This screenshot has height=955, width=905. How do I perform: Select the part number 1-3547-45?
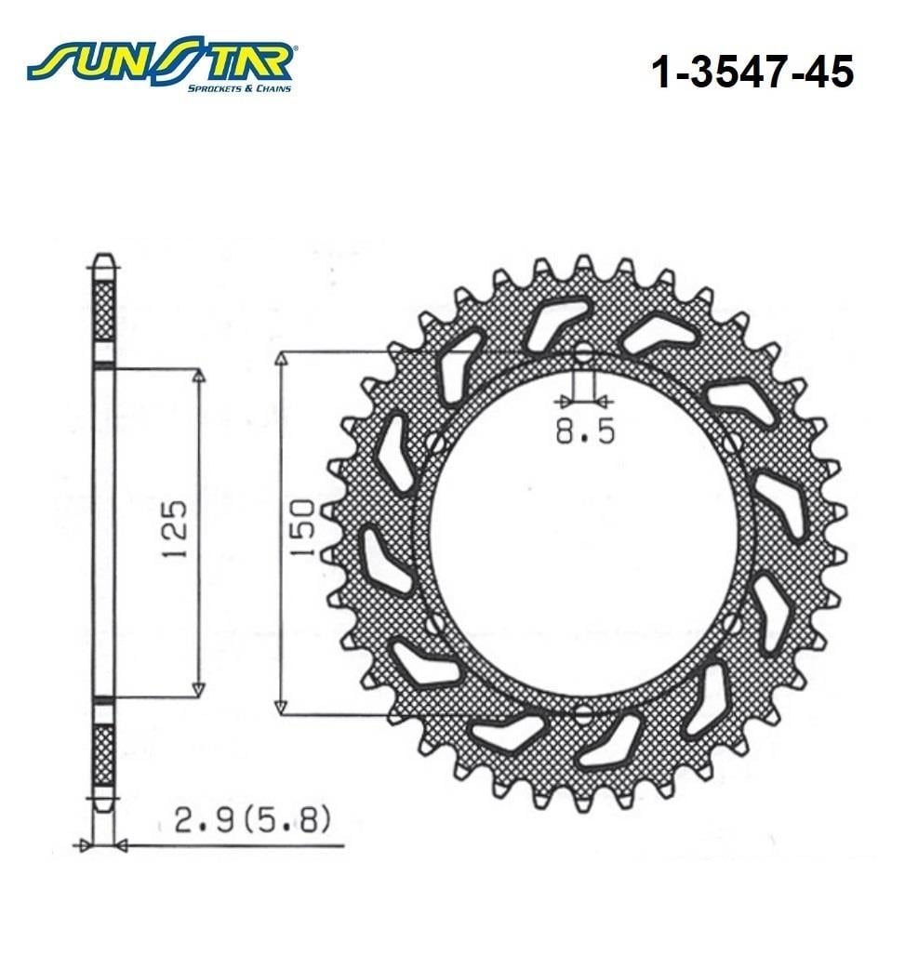click(x=752, y=72)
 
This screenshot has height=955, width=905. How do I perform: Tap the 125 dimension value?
click(x=176, y=529)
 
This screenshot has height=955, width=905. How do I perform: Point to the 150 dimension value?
click(x=302, y=528)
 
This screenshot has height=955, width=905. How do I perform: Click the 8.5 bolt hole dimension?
click(x=585, y=431)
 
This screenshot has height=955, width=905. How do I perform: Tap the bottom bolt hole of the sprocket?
click(x=583, y=714)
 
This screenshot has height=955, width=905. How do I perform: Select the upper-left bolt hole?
click(x=435, y=443)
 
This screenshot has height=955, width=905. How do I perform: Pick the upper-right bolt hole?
click(x=731, y=443)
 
